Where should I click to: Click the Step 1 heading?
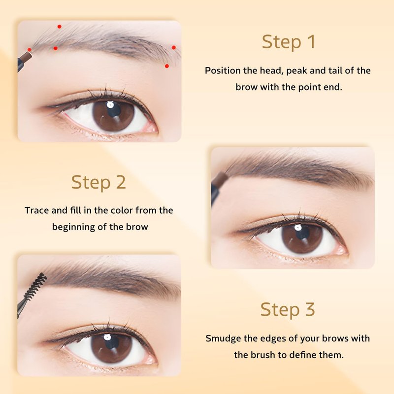pos(289,42)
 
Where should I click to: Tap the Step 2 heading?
pos(98,182)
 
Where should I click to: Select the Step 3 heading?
pos(288,309)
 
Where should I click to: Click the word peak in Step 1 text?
pos(297,71)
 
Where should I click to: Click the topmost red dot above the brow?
pos(59,27)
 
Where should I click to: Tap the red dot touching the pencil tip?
pos(30,50)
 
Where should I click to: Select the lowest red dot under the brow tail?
pos(167,66)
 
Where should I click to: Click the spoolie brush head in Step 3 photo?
pos(36,287)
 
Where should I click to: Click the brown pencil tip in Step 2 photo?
pos(220,178)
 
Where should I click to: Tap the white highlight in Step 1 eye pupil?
pos(110,104)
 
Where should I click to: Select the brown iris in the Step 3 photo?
pos(112,348)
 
